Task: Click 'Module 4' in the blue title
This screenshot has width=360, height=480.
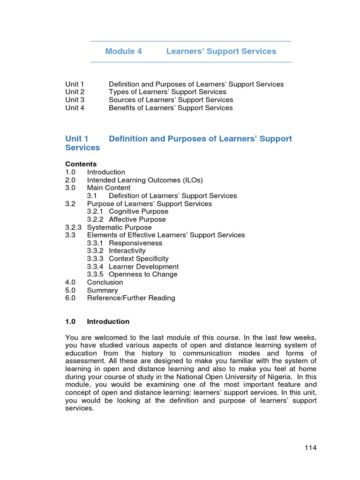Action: tap(123, 52)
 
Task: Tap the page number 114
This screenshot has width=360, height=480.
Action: tap(310, 448)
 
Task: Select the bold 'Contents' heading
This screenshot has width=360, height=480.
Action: tap(81, 164)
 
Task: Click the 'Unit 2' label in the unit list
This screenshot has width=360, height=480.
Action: tap(75, 92)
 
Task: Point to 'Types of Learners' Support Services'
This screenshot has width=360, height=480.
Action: tap(167, 92)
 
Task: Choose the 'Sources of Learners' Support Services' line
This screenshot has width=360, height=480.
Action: tap(171, 100)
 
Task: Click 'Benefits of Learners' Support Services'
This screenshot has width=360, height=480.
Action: tap(171, 108)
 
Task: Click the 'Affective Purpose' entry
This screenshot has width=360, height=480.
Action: tap(137, 219)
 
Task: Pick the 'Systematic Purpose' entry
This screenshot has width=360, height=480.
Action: tap(119, 227)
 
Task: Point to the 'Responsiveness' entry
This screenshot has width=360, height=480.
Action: tap(135, 243)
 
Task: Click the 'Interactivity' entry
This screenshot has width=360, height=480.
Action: tap(127, 251)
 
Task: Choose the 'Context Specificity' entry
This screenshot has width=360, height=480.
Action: tap(138, 259)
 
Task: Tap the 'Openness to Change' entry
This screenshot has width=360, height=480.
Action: tap(143, 274)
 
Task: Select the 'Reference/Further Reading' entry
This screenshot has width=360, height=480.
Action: tap(131, 298)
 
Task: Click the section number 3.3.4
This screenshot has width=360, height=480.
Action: tap(96, 267)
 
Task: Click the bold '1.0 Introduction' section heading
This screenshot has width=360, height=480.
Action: tap(97, 322)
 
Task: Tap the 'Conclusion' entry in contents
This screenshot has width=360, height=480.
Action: tap(105, 282)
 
